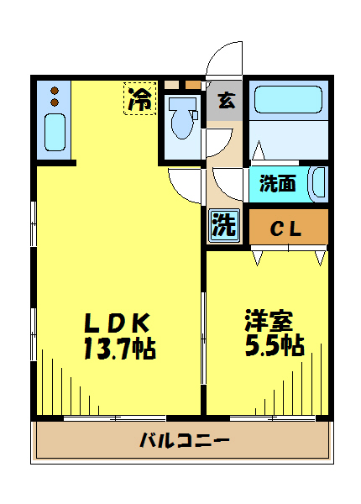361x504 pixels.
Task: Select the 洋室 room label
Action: point(269,320)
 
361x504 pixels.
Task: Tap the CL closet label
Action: point(285,228)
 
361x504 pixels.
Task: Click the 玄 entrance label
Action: point(224,102)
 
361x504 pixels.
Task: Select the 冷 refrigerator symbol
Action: point(141,100)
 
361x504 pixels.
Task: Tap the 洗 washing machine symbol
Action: point(222,224)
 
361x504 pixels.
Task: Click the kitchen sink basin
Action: point(55,133)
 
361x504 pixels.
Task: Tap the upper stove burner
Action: point(55,90)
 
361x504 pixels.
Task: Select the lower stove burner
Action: point(55,102)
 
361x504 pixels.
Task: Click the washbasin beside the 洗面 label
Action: point(317,183)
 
